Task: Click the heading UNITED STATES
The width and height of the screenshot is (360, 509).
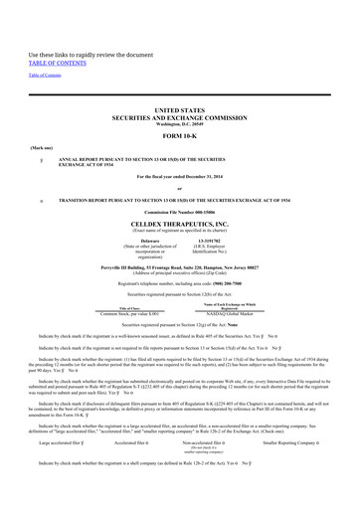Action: [x=179, y=112]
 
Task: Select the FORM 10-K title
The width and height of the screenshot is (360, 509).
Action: [x=179, y=136]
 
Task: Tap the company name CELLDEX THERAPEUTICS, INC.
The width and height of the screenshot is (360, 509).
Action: [x=179, y=224]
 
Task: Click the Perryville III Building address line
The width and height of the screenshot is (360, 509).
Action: [x=179, y=267]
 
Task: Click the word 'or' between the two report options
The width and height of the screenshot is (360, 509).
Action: [x=179, y=188]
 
